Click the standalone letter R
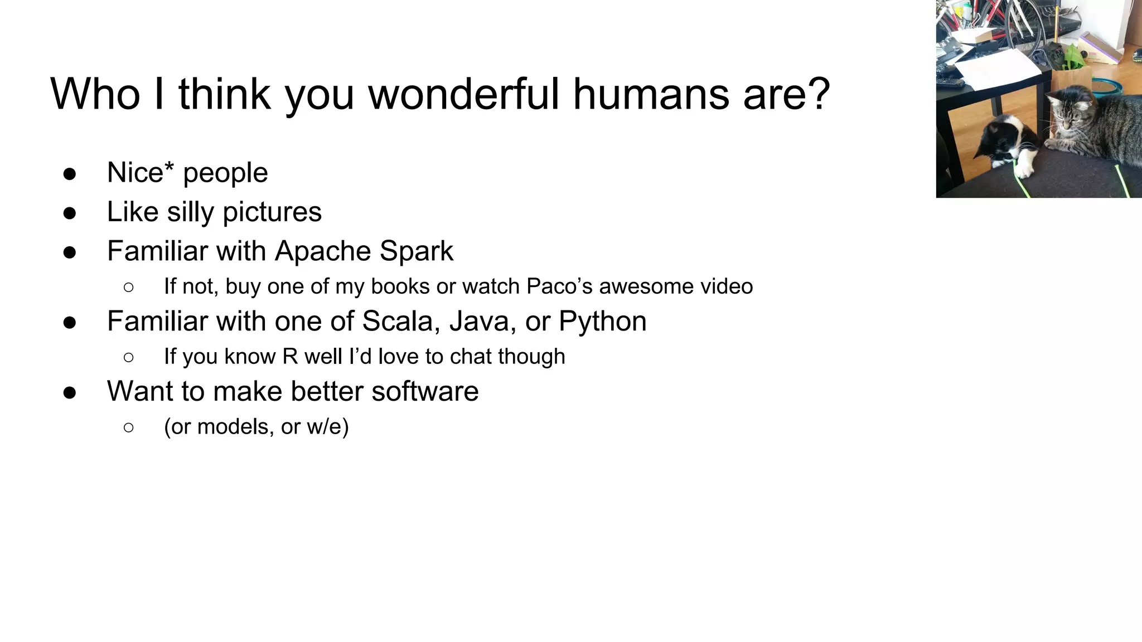[290, 357]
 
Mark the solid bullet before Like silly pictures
[70, 213]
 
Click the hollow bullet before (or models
[128, 427]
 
